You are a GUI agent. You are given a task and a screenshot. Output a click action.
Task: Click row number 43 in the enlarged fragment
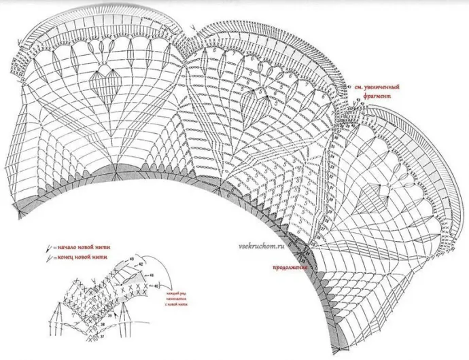point(131,260)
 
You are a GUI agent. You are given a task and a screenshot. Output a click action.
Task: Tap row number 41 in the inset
point(152,275)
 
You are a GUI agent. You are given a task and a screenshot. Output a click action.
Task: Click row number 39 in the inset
point(109,317)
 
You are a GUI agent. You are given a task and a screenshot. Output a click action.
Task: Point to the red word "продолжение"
point(290,268)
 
